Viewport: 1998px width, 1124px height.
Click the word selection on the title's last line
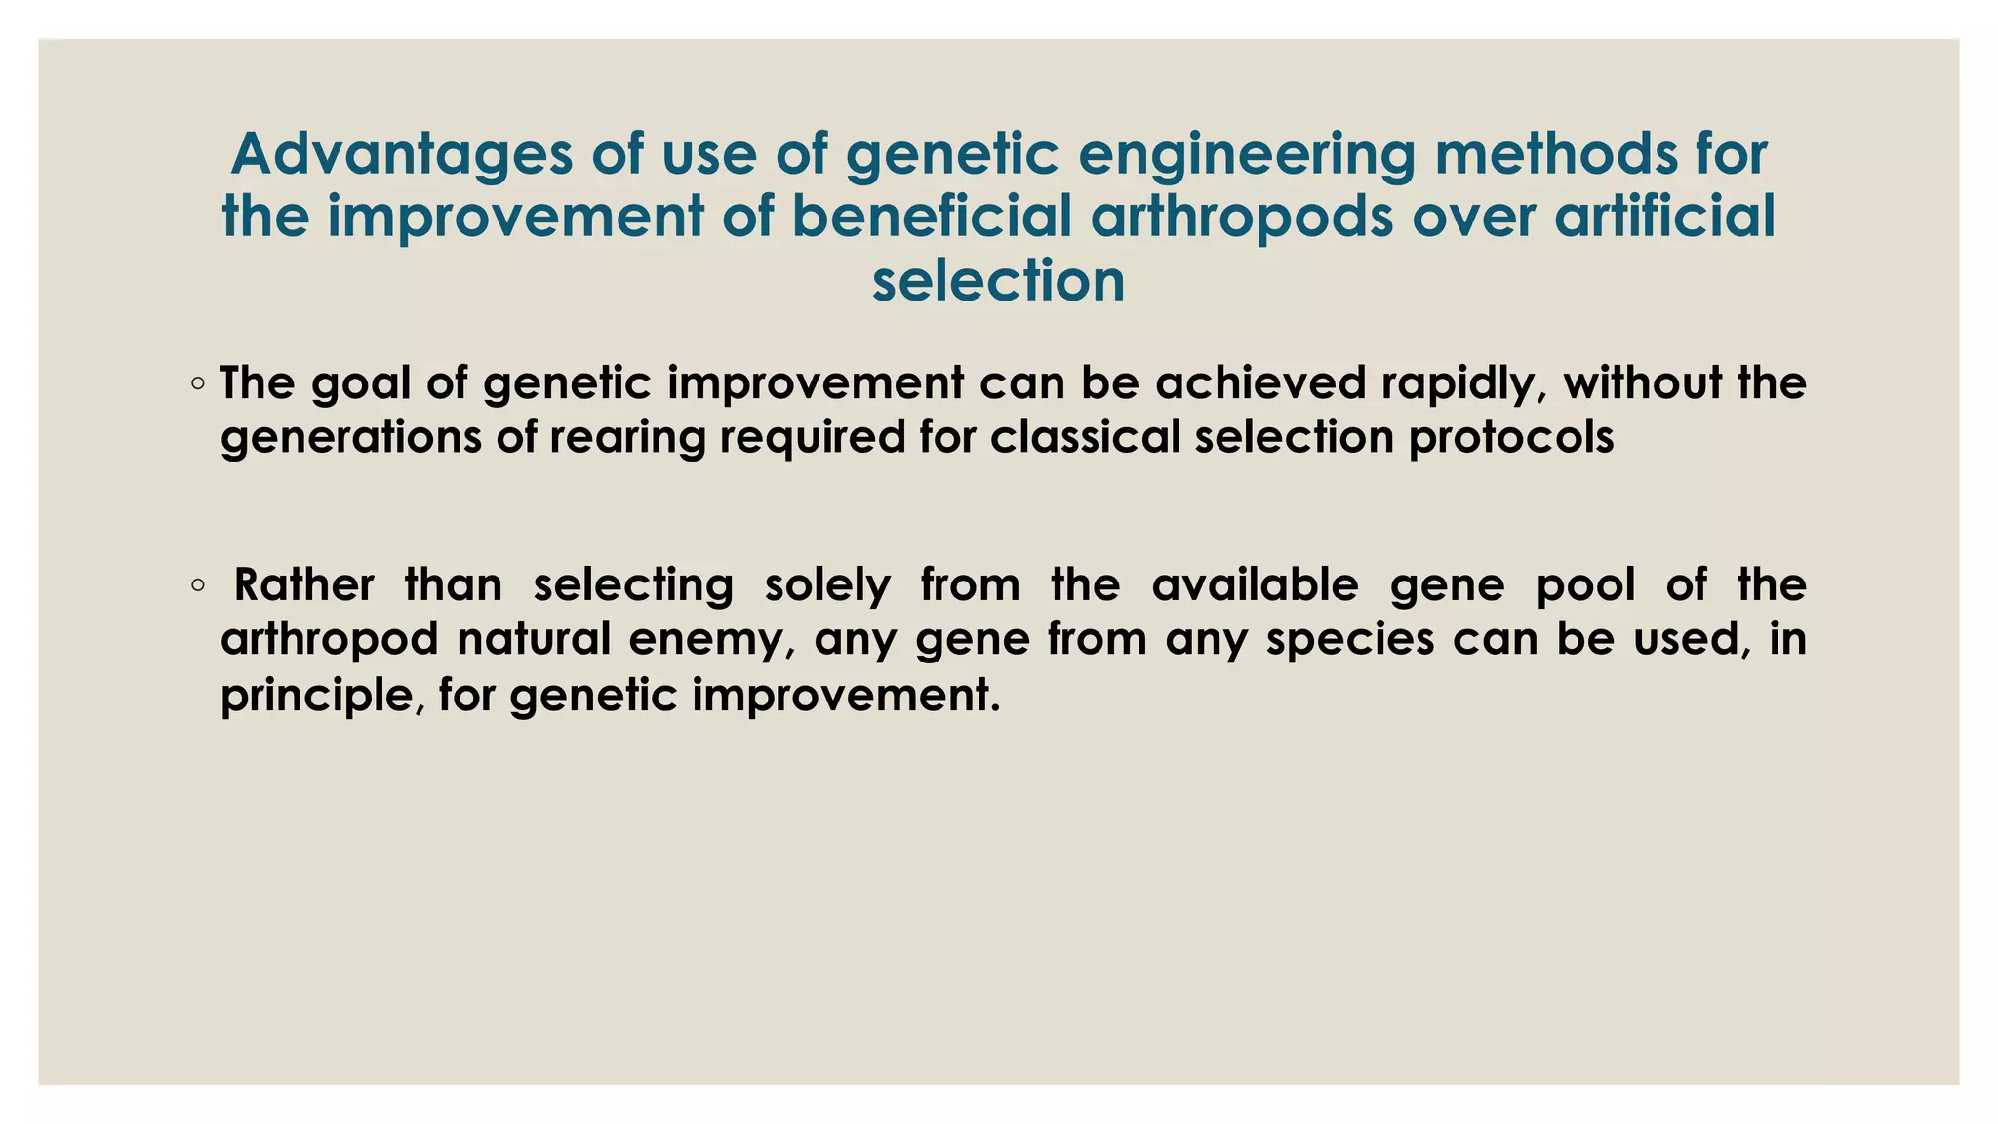[x=998, y=281]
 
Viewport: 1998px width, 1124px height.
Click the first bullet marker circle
[x=198, y=384]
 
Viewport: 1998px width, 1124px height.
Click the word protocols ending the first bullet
[x=1511, y=437]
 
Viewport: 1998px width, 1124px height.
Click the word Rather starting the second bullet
[x=303, y=585]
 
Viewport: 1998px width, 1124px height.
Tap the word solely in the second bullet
[x=827, y=585]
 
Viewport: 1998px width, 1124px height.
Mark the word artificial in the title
[x=1664, y=217]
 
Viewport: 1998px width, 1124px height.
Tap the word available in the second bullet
[x=1255, y=585]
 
